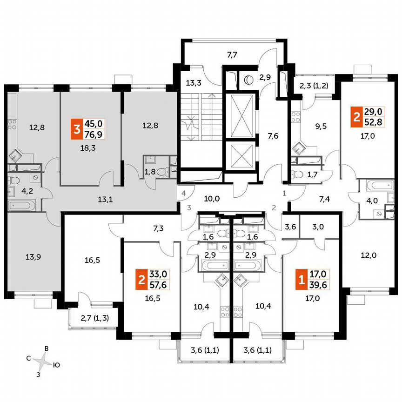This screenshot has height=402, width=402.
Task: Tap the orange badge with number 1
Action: click(301, 280)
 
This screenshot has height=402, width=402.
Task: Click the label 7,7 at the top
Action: click(232, 55)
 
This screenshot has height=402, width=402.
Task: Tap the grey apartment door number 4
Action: click(184, 193)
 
